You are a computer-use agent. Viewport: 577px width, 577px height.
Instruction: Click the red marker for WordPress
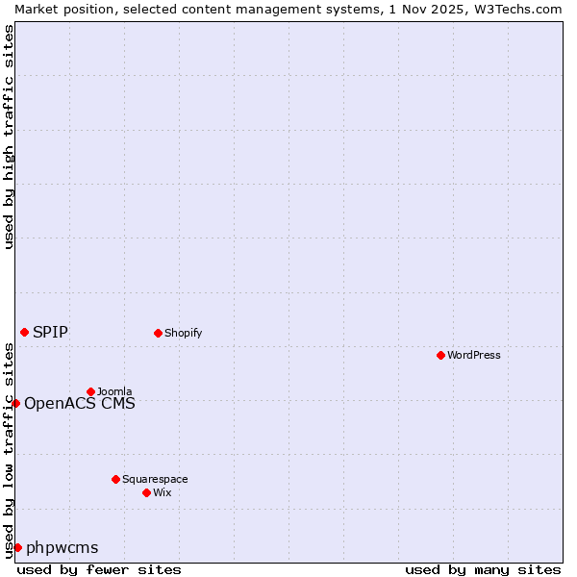(x=440, y=355)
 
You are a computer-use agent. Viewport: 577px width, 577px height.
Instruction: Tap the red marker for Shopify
(x=158, y=333)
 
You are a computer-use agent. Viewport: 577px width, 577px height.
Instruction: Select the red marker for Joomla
(x=90, y=391)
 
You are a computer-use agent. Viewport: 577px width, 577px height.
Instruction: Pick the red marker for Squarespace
(x=115, y=479)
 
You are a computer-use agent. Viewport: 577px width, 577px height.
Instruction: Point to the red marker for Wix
(x=146, y=492)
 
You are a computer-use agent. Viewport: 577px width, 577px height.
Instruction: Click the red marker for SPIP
(x=24, y=332)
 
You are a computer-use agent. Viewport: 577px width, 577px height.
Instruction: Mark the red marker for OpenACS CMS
(x=15, y=403)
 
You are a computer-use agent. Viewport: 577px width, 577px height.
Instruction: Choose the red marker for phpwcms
(x=17, y=547)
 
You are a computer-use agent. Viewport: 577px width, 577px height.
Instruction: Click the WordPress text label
(x=474, y=355)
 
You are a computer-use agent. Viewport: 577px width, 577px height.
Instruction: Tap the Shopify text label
(x=183, y=333)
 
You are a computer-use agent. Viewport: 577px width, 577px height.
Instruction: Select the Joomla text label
(x=114, y=391)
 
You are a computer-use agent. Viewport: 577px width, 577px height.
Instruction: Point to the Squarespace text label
(x=155, y=479)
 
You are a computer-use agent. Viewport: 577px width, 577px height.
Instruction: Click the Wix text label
(x=163, y=492)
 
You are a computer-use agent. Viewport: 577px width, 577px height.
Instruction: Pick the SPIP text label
(x=50, y=332)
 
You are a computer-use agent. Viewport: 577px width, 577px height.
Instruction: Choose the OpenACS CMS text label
(x=80, y=403)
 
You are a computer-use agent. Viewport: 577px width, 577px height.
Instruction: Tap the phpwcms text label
(x=63, y=547)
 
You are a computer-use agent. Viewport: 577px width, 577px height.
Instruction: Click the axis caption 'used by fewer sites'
(x=99, y=569)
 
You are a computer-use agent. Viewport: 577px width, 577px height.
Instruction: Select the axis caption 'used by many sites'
(x=483, y=569)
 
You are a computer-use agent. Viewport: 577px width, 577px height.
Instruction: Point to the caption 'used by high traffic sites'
(x=9, y=137)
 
